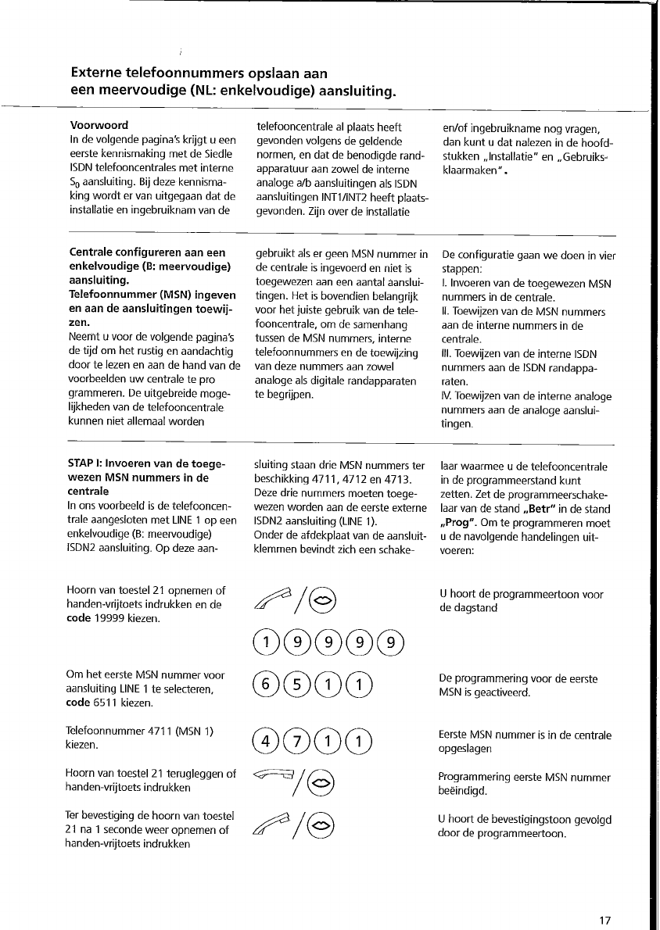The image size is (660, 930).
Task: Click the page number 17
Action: [x=604, y=921]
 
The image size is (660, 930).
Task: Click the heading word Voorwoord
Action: [x=99, y=125]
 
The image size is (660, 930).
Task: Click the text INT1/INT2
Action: [x=355, y=198]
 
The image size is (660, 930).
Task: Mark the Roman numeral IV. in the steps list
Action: [x=448, y=395]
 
